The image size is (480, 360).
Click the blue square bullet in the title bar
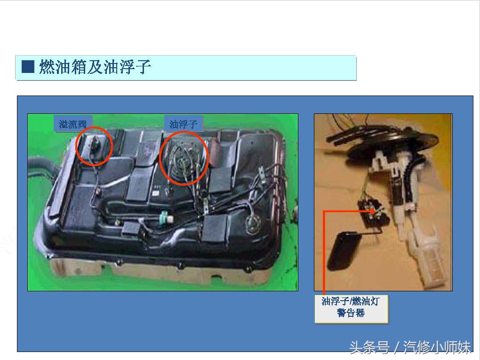28,67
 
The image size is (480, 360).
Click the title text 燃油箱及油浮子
95,67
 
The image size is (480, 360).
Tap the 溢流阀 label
73,124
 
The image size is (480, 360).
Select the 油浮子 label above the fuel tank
183,124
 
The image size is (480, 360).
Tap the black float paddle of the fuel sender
343,251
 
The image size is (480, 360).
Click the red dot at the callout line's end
372,211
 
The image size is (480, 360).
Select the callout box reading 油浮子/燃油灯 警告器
351,309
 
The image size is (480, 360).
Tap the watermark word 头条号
369,347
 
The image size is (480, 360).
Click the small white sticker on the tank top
155,193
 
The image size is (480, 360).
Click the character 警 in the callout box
342,313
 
